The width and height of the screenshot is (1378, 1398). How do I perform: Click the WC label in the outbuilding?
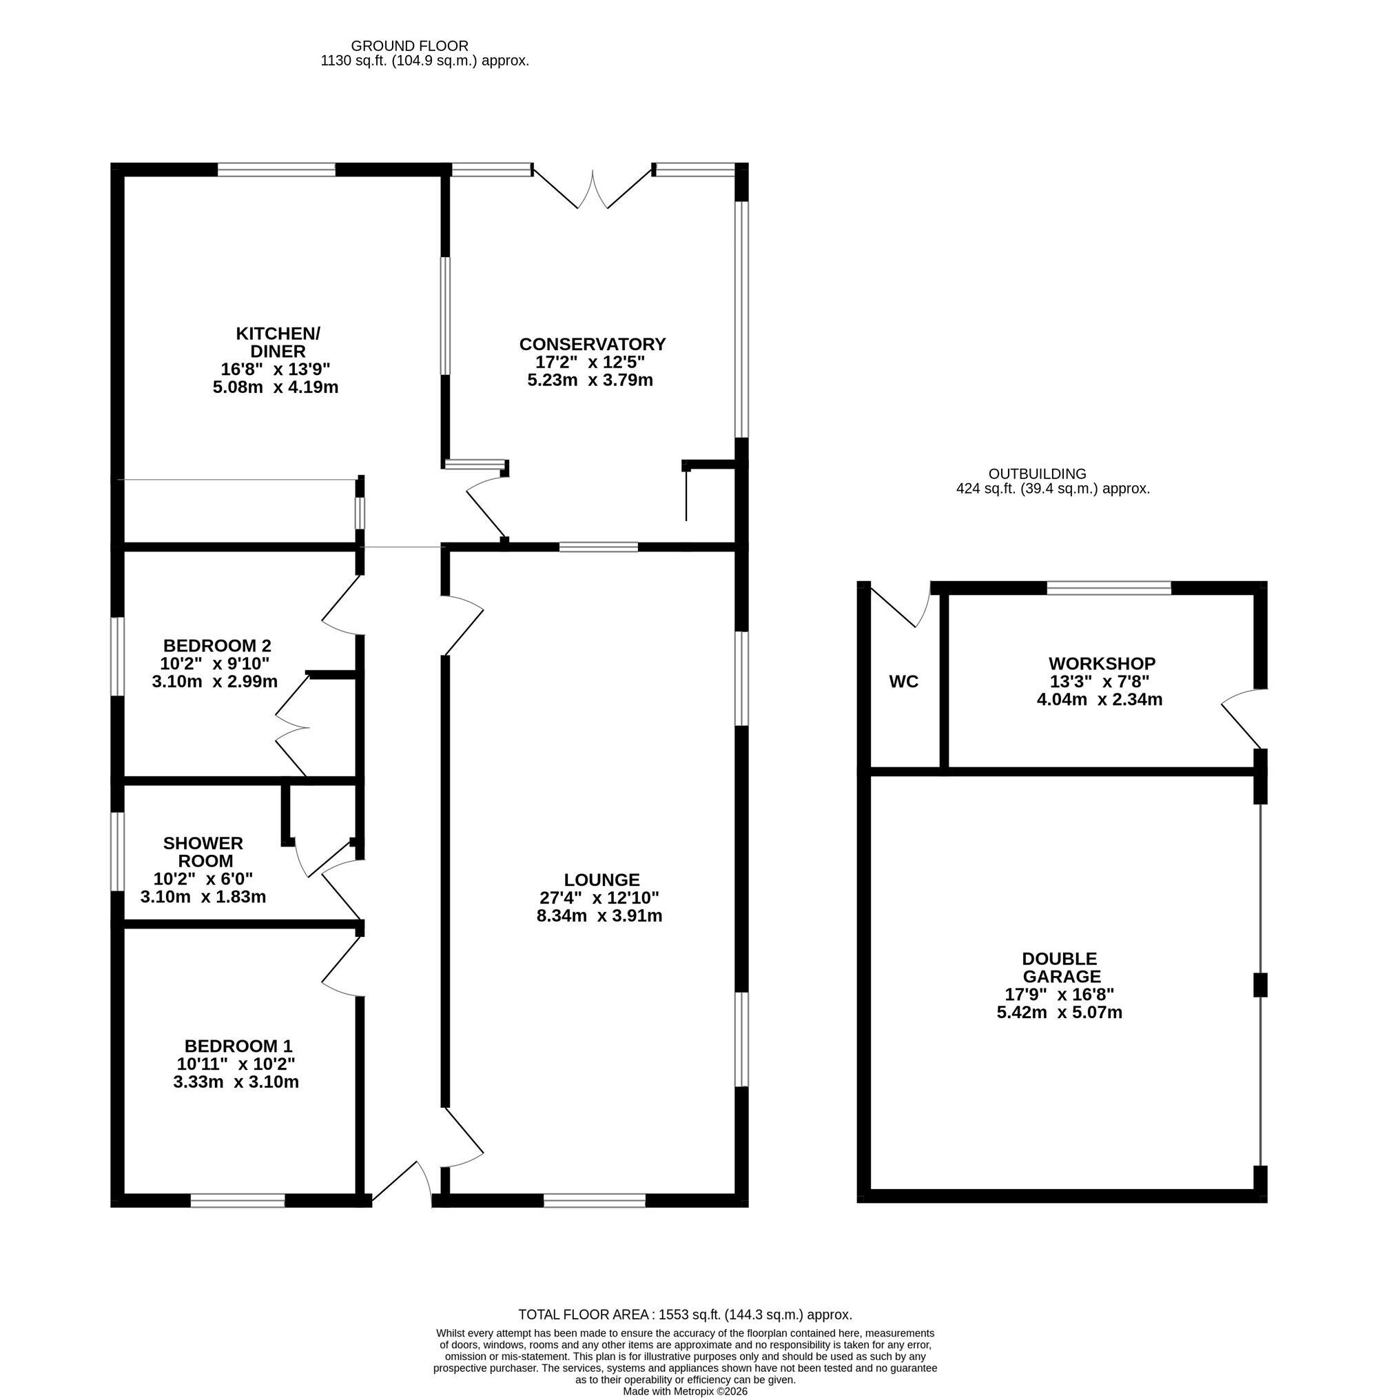pyautogui.click(x=903, y=681)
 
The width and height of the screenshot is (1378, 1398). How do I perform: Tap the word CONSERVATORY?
pyautogui.click(x=593, y=344)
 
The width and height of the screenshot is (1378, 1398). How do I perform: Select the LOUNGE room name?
pyautogui.click(x=601, y=880)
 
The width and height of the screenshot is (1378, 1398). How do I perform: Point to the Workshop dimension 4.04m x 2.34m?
pyautogui.click(x=1100, y=700)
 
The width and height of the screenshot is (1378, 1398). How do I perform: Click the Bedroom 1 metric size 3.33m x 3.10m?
pyautogui.click(x=236, y=1082)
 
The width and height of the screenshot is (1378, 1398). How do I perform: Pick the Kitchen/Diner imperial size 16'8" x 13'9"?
pyautogui.click(x=276, y=369)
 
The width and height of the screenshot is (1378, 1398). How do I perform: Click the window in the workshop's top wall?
pyautogui.click(x=1109, y=587)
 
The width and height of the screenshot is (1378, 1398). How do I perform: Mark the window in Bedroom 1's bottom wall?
pyautogui.click(x=237, y=1200)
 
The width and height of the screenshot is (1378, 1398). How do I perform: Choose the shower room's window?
pyautogui.click(x=117, y=851)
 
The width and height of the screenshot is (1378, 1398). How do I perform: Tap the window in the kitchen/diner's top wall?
pyautogui.click(x=276, y=170)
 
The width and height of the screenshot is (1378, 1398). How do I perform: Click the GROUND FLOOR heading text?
pyautogui.click(x=409, y=46)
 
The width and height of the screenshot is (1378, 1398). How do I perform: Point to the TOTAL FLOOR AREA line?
pyautogui.click(x=685, y=1314)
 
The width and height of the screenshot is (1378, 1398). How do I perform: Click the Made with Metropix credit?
pyautogui.click(x=685, y=1391)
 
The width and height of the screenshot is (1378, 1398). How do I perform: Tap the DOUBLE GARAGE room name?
pyautogui.click(x=1060, y=967)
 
